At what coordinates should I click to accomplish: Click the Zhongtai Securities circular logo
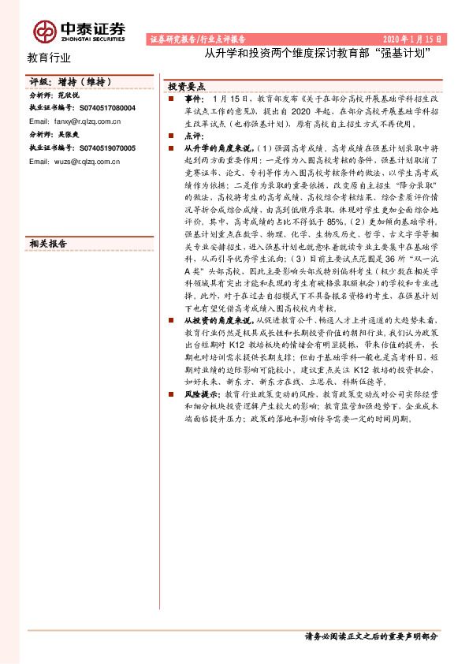(x=44, y=30)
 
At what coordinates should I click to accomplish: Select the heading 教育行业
(x=49, y=58)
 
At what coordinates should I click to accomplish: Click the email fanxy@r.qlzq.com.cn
(x=74, y=122)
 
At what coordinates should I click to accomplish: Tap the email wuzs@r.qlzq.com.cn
(x=74, y=162)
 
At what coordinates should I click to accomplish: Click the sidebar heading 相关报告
(x=48, y=244)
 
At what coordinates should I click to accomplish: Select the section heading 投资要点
(x=187, y=86)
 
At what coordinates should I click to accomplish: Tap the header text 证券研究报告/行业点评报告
(x=197, y=38)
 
